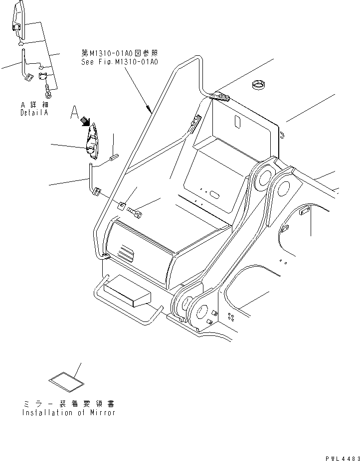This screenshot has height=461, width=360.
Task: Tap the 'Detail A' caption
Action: tap(34, 113)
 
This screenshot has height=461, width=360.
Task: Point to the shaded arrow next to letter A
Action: tap(86, 121)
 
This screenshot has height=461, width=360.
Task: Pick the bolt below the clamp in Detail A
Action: tap(48, 92)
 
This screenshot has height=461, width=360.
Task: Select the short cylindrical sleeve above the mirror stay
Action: tap(112, 158)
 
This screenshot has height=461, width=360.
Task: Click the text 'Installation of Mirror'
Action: tap(68, 413)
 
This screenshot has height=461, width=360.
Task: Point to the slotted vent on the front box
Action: tap(126, 253)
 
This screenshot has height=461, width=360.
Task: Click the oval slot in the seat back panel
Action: tap(214, 194)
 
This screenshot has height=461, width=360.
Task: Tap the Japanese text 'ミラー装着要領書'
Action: tap(68, 404)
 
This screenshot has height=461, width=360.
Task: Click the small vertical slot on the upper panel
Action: tap(238, 121)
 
